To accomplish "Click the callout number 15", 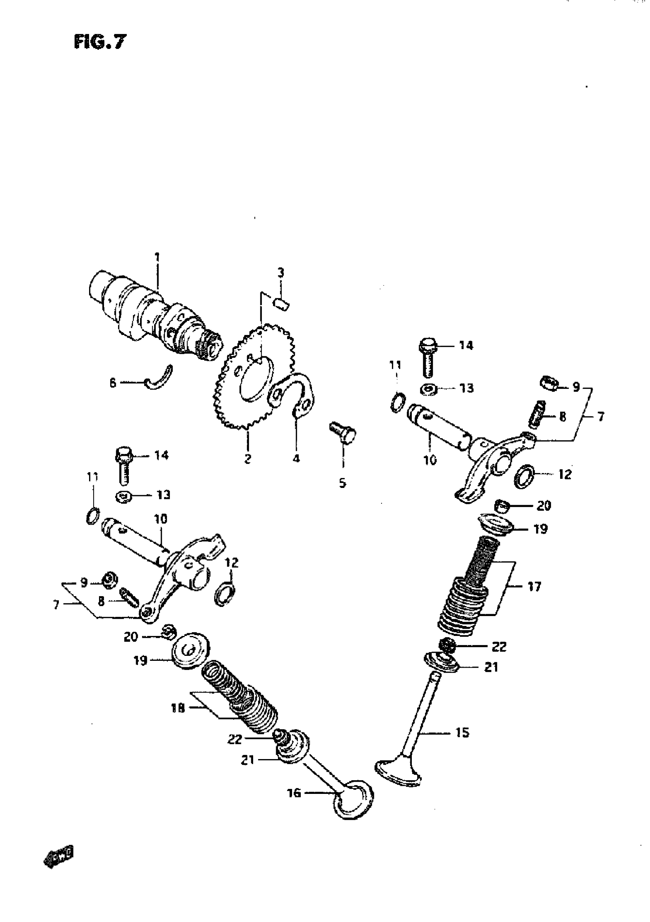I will click(462, 732).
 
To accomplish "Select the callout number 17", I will click(534, 587).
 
